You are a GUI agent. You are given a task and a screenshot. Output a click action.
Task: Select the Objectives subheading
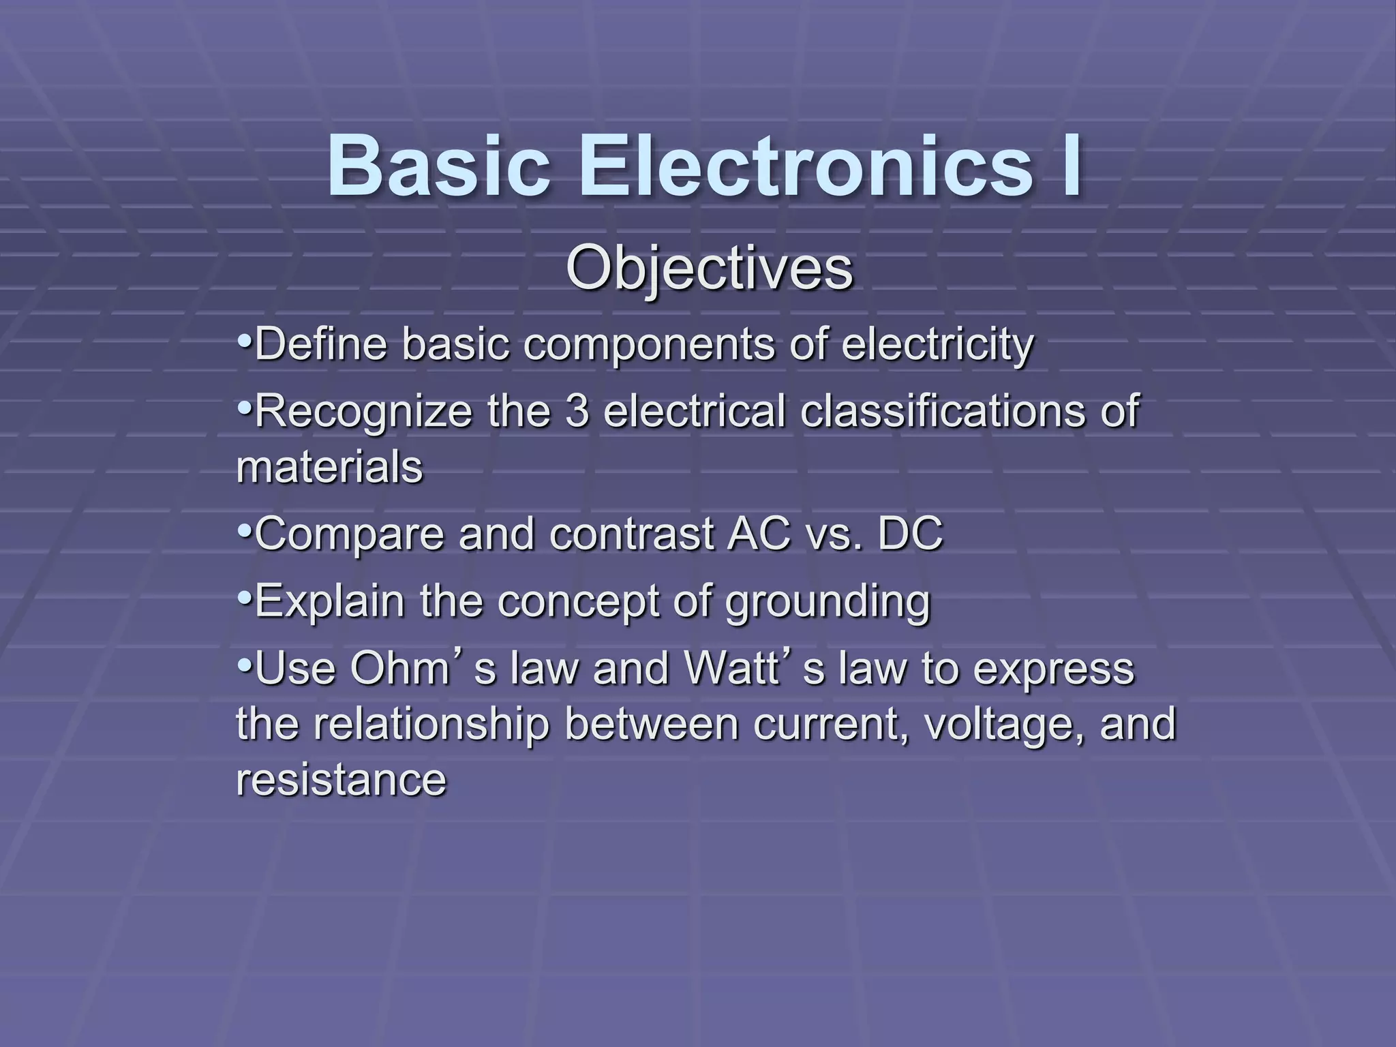(x=709, y=270)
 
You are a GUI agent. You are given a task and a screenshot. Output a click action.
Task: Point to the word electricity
(x=937, y=346)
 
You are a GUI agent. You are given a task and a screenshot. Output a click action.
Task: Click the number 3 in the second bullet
(x=577, y=412)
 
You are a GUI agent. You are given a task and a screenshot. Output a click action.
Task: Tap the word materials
(x=329, y=468)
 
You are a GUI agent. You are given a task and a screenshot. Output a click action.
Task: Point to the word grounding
(x=827, y=603)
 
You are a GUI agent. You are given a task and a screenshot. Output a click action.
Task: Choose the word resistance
(x=341, y=780)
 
